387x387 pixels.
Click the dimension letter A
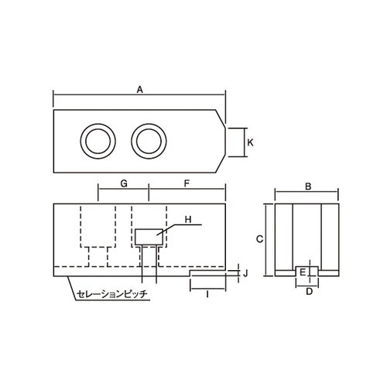click(139, 90)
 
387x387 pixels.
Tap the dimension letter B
click(307, 187)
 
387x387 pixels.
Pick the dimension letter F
click(187, 183)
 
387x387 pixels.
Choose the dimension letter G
click(124, 183)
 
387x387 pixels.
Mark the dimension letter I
click(207, 295)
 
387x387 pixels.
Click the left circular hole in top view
click(98, 141)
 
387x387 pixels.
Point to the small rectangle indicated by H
click(148, 236)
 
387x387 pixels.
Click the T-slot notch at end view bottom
click(308, 272)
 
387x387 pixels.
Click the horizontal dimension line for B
click(308, 193)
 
